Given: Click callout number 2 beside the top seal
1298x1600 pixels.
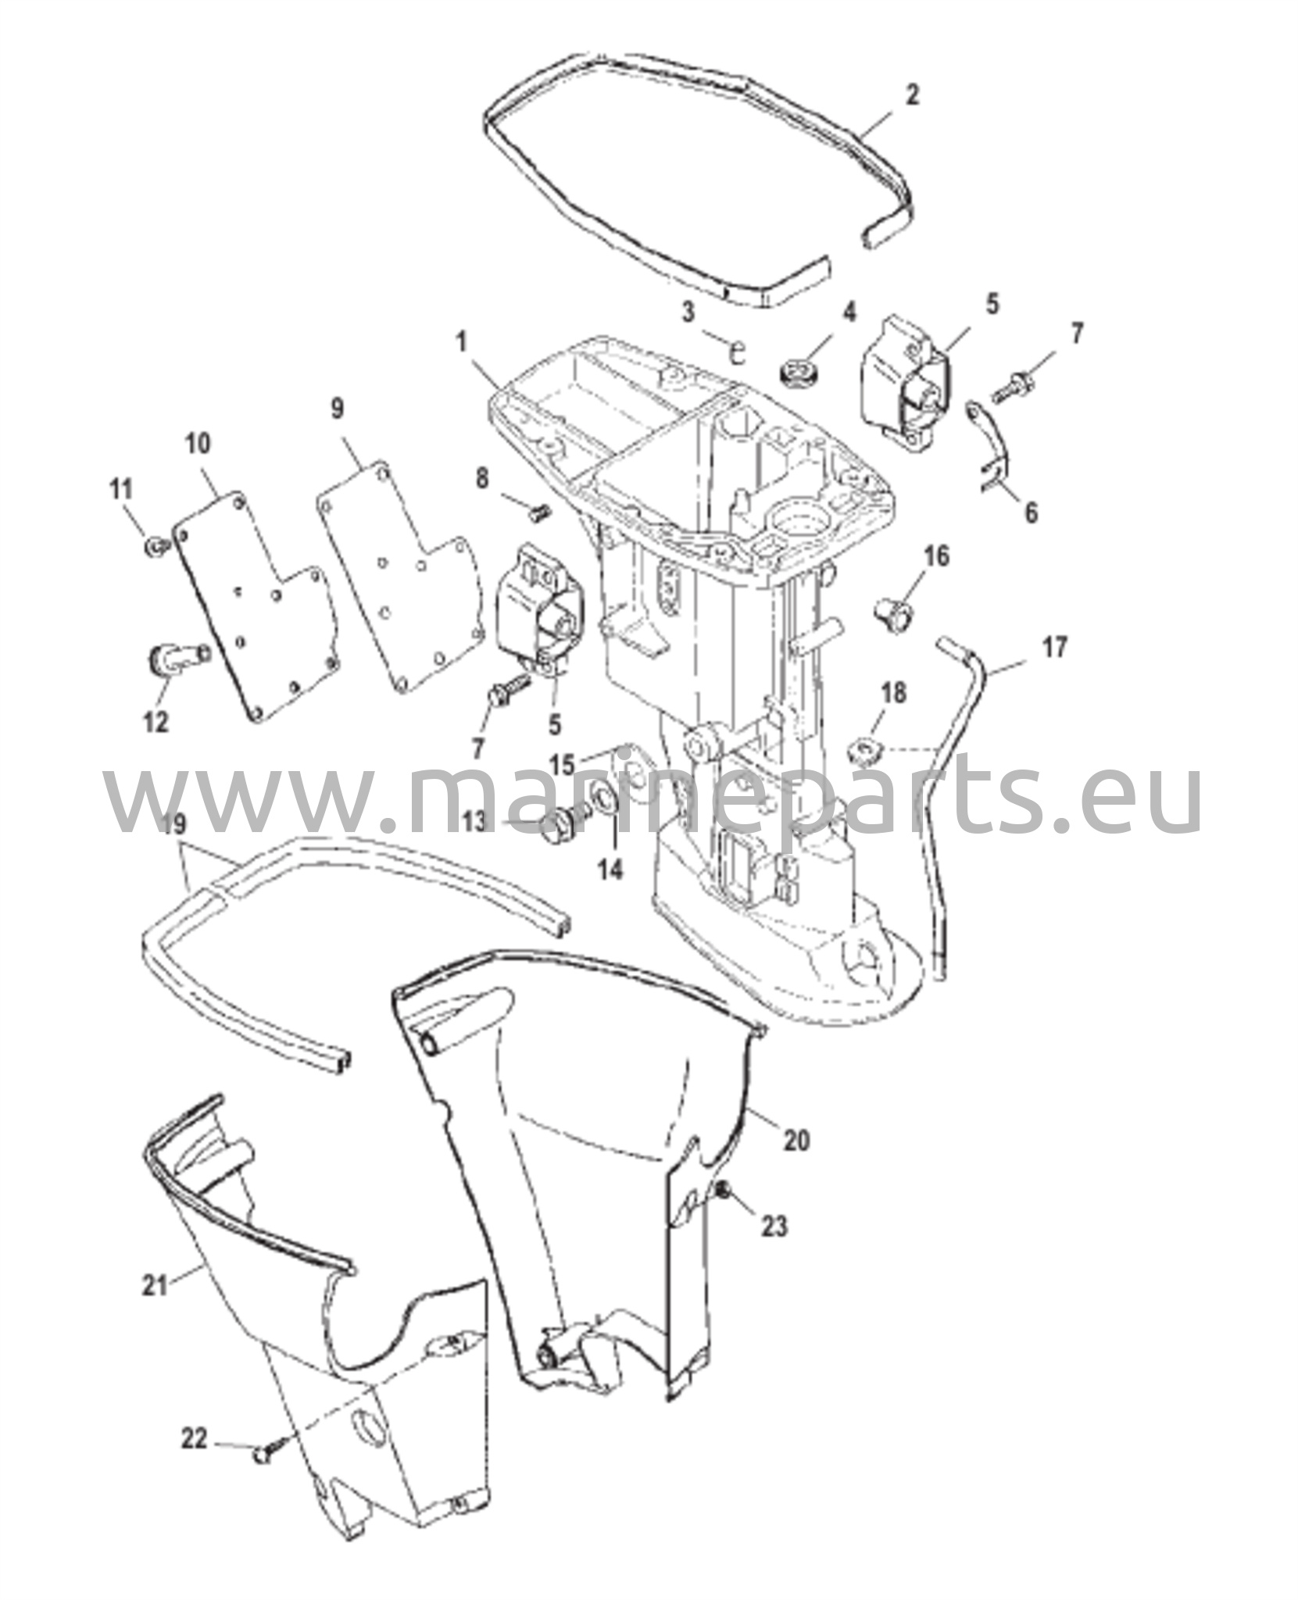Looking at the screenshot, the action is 911,95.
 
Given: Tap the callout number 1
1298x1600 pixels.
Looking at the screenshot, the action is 462,341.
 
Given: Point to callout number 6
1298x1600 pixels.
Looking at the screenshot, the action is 1032,512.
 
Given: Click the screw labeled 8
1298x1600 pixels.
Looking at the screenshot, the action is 538,512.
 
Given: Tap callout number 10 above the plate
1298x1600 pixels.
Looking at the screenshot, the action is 198,444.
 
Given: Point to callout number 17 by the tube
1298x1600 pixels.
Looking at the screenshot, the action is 1054,648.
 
